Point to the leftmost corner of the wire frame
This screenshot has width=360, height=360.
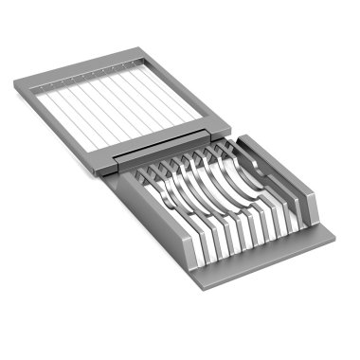pos(15,87)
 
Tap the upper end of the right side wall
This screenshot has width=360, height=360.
pos(244,142)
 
